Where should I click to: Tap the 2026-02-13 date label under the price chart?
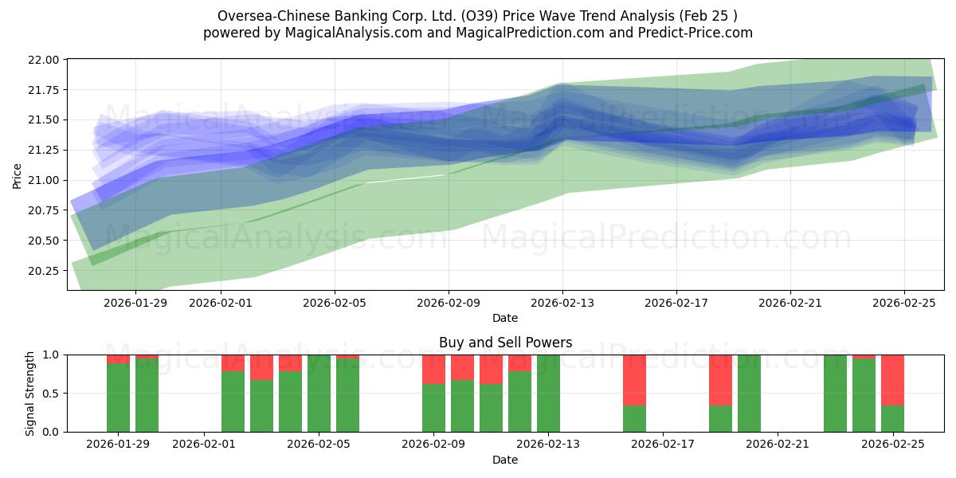562,303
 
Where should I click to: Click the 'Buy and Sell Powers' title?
505,343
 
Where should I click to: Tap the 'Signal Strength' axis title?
31,394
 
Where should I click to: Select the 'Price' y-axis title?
18,175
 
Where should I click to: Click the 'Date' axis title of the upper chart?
505,318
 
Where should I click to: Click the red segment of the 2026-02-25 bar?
892,380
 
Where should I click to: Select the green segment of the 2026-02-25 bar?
892,418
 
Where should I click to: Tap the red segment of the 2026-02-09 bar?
433,370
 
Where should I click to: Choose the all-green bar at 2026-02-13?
548,394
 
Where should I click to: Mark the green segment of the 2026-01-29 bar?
118,398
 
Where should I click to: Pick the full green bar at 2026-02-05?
319,394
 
